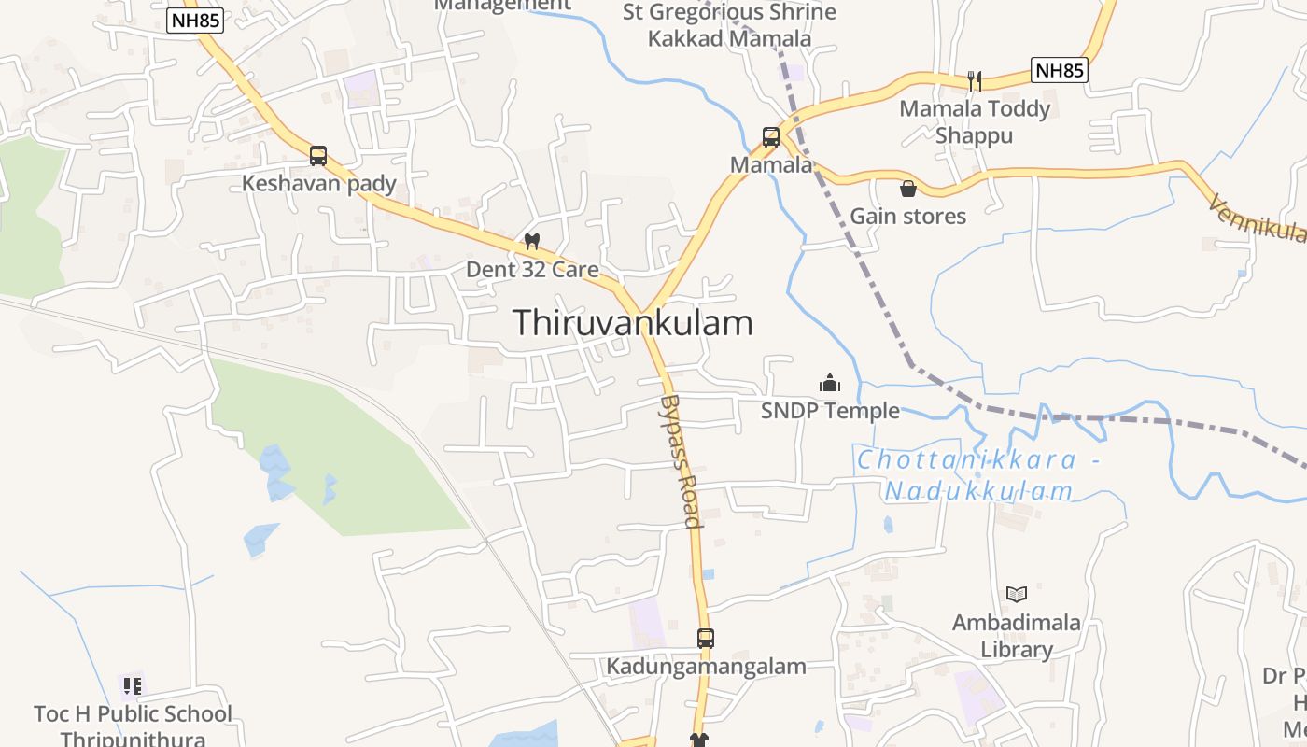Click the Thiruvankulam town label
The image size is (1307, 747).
tap(632, 323)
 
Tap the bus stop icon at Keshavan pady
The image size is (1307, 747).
tap(318, 156)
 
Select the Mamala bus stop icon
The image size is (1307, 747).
tap(771, 137)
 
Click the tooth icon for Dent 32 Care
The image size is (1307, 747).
tap(532, 241)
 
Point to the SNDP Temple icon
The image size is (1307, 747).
tap(829, 383)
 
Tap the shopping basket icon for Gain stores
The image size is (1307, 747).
tap(907, 189)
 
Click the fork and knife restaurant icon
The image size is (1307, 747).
tap(974, 80)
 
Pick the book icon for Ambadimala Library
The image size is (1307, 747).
tap(1017, 594)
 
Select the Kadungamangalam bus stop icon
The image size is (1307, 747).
tap(706, 639)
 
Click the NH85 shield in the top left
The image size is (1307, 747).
tap(196, 21)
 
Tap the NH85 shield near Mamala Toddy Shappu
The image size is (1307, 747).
tap(1061, 70)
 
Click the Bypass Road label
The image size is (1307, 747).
tap(681, 461)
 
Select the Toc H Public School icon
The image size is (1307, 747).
tap(132, 686)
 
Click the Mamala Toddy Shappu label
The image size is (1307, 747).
tap(974, 122)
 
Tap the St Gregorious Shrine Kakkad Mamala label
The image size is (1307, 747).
tap(730, 25)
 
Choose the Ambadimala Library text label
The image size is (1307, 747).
tap(1016, 636)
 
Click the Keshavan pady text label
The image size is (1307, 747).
tap(319, 184)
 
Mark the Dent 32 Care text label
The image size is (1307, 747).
tap(532, 270)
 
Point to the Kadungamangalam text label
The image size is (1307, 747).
tap(706, 667)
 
